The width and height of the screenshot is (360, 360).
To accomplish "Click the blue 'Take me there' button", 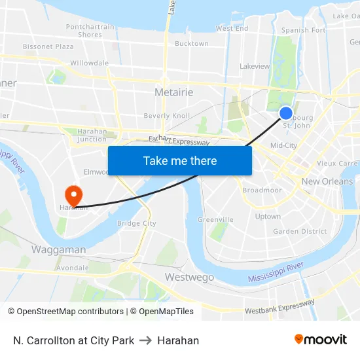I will click(180, 161).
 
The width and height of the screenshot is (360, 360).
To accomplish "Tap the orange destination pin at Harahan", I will click(73, 194).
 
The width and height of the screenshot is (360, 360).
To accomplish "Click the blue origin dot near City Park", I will click(286, 113).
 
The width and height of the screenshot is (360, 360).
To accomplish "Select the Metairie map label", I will click(174, 92).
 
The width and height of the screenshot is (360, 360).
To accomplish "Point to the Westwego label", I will click(189, 277).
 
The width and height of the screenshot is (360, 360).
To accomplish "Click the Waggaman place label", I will click(58, 250).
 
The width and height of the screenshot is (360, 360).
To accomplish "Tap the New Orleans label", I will click(327, 181).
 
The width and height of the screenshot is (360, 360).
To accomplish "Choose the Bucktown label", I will click(192, 44).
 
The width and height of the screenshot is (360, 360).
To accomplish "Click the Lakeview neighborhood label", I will click(255, 66).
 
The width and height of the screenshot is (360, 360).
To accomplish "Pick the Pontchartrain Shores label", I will click(90, 31).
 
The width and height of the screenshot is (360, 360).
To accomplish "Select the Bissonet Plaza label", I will click(48, 47).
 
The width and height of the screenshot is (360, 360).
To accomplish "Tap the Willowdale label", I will click(89, 63).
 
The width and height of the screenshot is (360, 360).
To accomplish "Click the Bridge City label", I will click(136, 223).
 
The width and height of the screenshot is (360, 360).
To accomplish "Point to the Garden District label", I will click(300, 231).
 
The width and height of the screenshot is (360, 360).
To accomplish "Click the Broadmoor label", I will click(262, 190).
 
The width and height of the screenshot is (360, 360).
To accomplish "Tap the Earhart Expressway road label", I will click(179, 139).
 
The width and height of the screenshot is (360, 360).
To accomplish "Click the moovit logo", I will click(321, 340).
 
